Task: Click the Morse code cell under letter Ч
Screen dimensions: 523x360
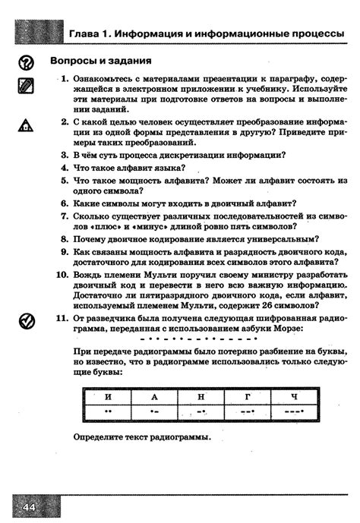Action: click(295, 412)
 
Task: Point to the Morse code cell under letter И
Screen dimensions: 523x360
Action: click(108, 412)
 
